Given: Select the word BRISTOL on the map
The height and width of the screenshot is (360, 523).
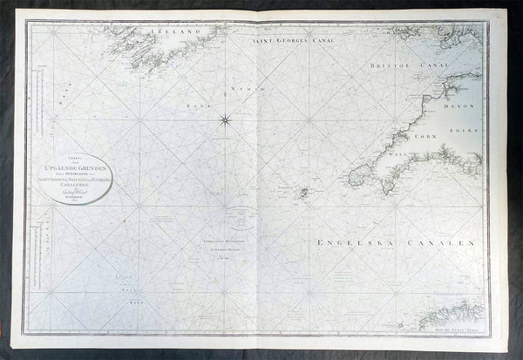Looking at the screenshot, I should (391, 65).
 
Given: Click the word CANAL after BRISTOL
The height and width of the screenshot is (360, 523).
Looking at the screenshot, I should (431, 65).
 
